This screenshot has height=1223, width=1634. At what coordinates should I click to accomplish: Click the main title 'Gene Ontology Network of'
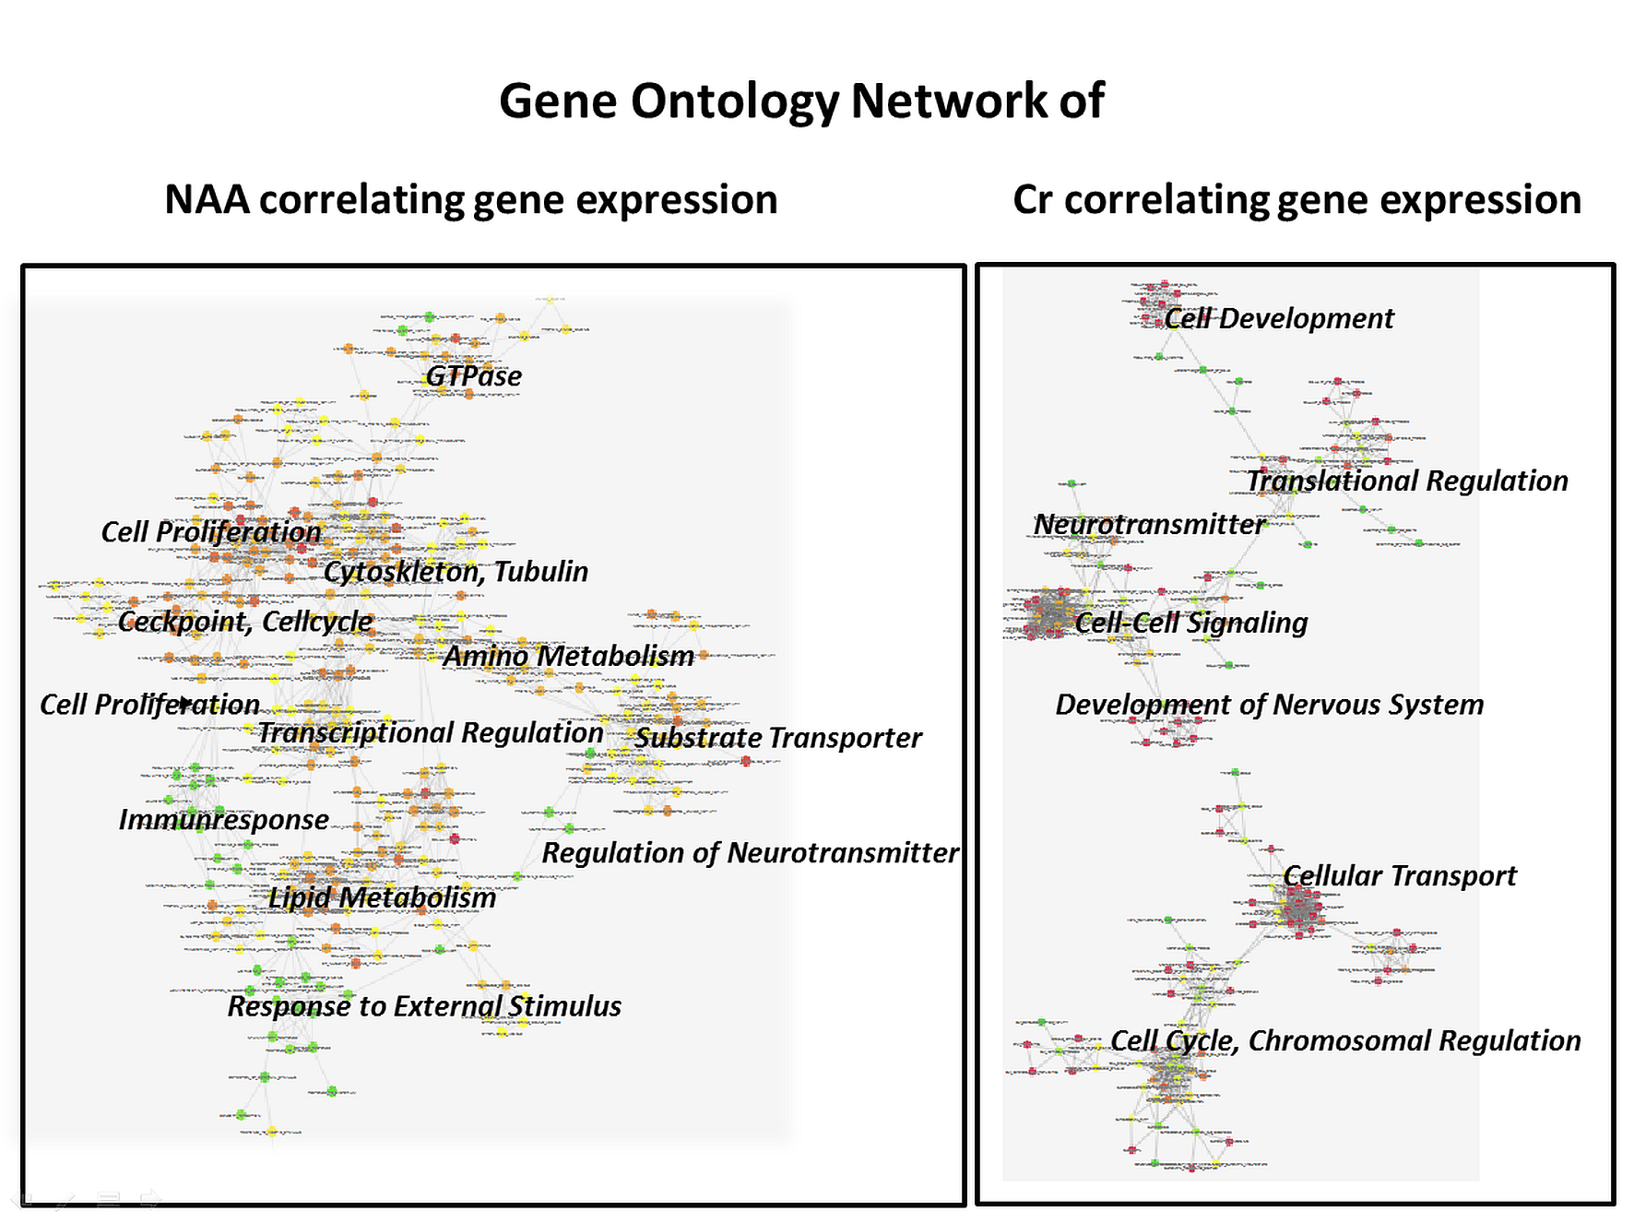pyautogui.click(x=800, y=101)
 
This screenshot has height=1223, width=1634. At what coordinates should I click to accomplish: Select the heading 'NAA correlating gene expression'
pyautogui.click(x=470, y=200)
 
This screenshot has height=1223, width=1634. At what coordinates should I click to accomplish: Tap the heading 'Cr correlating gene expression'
pyautogui.click(x=1297, y=200)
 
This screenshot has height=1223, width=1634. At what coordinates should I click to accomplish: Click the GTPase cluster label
pyautogui.click(x=473, y=376)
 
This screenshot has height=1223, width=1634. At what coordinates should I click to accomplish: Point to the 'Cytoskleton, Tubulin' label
pyautogui.click(x=456, y=572)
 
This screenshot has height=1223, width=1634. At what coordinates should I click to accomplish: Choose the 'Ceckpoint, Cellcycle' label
pyautogui.click(x=245, y=622)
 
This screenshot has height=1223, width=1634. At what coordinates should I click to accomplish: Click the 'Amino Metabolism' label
pyautogui.click(x=568, y=656)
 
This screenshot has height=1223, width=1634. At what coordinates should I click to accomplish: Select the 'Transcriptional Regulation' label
pyautogui.click(x=430, y=732)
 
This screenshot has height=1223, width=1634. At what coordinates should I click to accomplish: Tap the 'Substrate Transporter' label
pyautogui.click(x=777, y=738)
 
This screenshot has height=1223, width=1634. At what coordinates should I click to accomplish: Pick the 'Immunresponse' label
pyautogui.click(x=223, y=819)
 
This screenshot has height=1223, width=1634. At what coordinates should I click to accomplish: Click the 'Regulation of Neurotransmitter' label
pyautogui.click(x=750, y=853)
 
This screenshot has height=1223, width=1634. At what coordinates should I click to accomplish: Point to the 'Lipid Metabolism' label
pyautogui.click(x=382, y=897)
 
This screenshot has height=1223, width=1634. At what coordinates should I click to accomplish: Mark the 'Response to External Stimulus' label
pyautogui.click(x=424, y=1006)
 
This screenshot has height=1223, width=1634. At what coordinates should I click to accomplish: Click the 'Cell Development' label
pyautogui.click(x=1278, y=319)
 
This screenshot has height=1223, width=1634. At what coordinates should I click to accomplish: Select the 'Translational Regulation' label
pyautogui.click(x=1406, y=481)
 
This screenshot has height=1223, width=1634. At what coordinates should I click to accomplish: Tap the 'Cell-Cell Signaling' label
pyautogui.click(x=1190, y=623)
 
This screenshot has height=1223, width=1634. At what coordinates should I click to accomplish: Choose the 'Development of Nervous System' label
pyautogui.click(x=1269, y=705)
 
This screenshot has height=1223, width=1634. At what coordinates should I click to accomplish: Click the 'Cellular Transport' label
pyautogui.click(x=1399, y=875)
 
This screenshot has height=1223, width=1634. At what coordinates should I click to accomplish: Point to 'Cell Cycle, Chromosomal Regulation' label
pyautogui.click(x=1344, y=1040)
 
